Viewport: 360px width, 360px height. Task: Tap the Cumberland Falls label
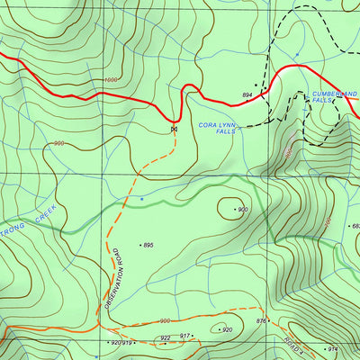point(334,97)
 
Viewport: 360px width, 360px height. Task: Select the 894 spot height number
point(247,94)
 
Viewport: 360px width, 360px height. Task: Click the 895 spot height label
point(148,245)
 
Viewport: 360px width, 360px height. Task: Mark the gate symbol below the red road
point(172,130)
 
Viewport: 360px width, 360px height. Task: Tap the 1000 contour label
point(111,80)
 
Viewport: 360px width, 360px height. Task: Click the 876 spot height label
point(261,321)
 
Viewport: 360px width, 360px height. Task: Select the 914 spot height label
point(332,348)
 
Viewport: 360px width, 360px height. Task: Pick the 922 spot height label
point(166,338)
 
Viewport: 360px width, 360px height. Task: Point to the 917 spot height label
point(184,336)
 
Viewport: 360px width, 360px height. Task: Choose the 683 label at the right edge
point(355,226)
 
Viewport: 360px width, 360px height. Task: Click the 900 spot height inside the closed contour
point(242,210)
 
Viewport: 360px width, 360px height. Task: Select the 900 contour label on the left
point(59,144)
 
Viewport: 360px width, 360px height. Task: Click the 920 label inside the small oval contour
point(227,329)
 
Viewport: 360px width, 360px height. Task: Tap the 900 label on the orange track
point(165,321)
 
